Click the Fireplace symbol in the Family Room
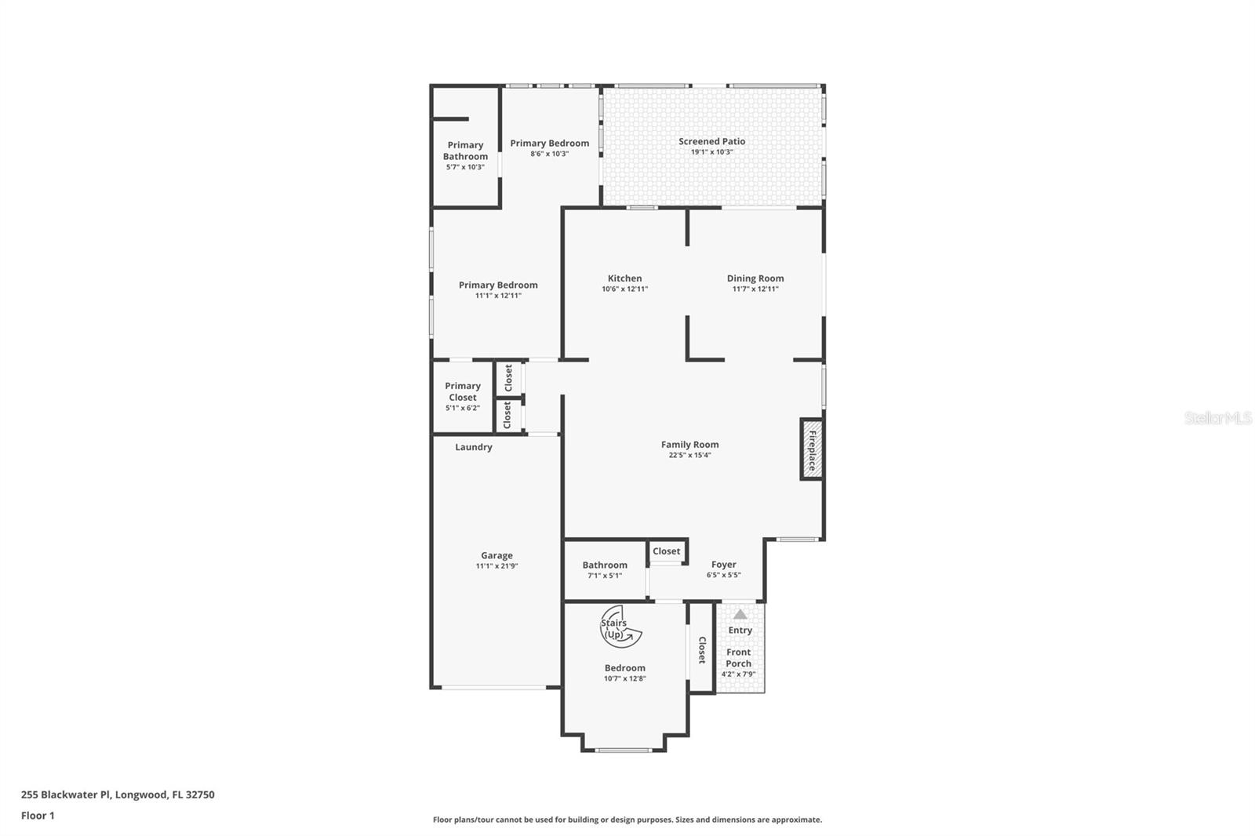coord(811,449)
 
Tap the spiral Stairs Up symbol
coord(620,627)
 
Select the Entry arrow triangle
coord(740,614)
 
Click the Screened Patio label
coord(711,141)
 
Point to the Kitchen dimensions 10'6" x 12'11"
coord(624,289)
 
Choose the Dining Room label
coord(755,278)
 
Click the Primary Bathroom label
coord(465,151)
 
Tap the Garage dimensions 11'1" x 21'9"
coord(497,565)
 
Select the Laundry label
coord(474,447)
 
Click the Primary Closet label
coord(463,391)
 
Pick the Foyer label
coord(723,564)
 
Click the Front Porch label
coord(738,657)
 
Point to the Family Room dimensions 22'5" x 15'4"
coord(689,455)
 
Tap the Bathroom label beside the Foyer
coord(604,565)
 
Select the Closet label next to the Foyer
coord(666,551)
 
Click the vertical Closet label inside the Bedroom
coord(702,649)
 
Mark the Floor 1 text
coord(38,816)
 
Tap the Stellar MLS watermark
coord(1217,418)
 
